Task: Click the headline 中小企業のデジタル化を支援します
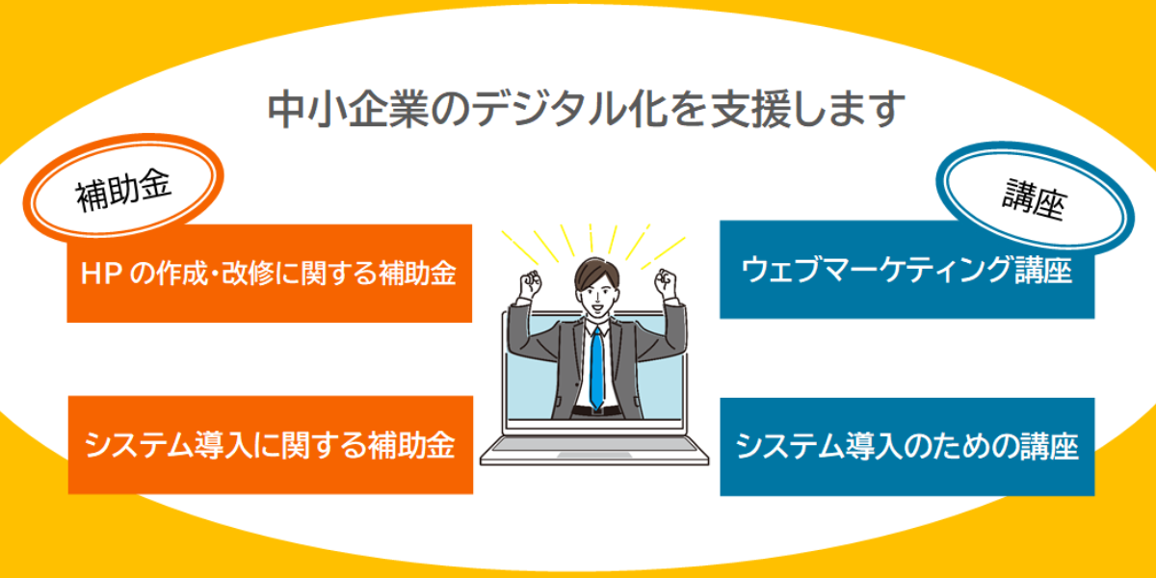pos(587,110)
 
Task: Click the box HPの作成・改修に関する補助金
pos(270,274)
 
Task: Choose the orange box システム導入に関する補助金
pos(271,445)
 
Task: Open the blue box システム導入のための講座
pos(907,447)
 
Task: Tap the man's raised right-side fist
pos(666,283)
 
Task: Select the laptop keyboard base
pos(594,450)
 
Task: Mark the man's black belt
pos(596,411)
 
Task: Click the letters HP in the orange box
pos(101,274)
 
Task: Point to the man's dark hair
pos(597,274)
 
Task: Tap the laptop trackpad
pos(594,455)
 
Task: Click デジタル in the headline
pos(546,110)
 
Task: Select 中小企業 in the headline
pos(348,110)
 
